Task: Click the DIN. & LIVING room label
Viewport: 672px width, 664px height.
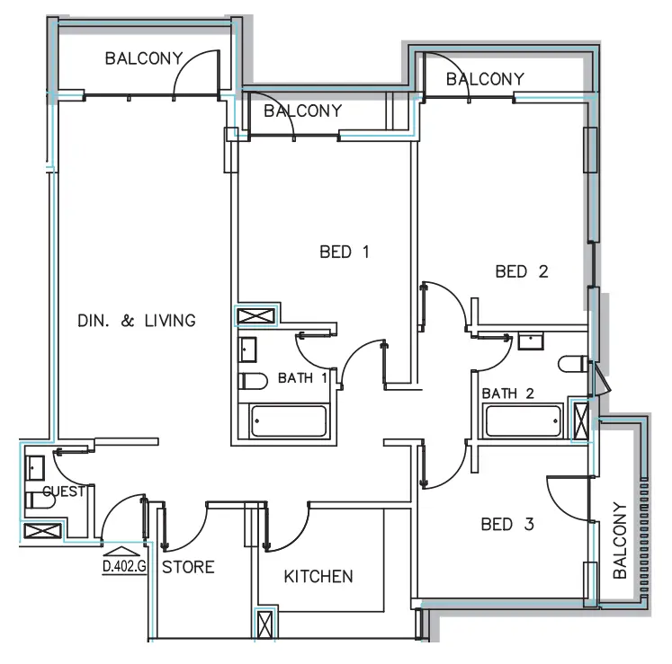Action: tap(136, 321)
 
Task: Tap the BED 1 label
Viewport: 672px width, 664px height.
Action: tap(345, 252)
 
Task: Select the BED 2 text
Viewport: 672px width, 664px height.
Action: tap(522, 271)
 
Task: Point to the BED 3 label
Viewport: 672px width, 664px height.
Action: tap(508, 524)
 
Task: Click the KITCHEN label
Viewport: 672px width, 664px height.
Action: tap(318, 576)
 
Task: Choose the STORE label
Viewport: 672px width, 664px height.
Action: tap(188, 567)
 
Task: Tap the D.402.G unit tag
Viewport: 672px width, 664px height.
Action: tap(124, 566)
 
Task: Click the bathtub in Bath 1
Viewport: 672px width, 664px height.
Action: tap(289, 421)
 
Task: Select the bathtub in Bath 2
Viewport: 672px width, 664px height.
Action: tap(523, 421)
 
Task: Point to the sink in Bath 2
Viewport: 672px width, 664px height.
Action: tap(530, 341)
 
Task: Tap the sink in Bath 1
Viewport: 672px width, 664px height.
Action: tap(247, 349)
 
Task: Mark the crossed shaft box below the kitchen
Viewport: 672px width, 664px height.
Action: tap(265, 624)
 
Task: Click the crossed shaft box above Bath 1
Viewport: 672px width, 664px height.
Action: tap(256, 315)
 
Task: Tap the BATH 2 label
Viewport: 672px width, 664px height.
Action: tap(508, 394)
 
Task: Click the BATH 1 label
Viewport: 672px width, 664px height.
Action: tap(301, 378)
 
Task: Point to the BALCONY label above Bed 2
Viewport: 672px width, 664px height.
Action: tap(484, 79)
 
